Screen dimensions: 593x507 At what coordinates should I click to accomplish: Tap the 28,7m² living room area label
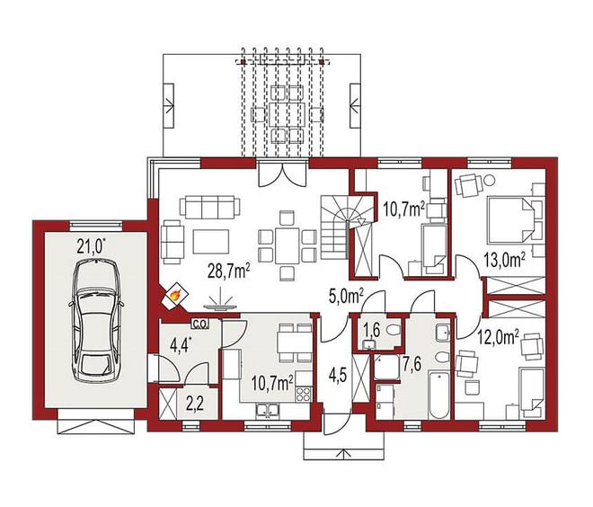coord(229,271)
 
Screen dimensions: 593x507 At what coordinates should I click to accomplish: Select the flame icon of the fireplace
coord(174,294)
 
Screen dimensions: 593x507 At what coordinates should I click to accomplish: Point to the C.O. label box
coord(199,325)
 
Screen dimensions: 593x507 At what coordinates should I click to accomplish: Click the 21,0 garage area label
coord(91,246)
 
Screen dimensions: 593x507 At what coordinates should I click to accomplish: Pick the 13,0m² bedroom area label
coord(504,261)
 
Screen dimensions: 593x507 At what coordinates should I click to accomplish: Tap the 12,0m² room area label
coord(498,336)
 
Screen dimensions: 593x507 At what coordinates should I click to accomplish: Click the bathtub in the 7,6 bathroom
coord(438,395)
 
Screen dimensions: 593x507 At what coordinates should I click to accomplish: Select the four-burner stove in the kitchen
coord(304,395)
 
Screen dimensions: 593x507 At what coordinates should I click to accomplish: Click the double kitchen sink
coord(268,410)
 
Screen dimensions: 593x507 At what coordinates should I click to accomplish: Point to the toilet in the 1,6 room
coord(394,331)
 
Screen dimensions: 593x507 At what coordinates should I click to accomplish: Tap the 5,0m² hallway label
coord(347,296)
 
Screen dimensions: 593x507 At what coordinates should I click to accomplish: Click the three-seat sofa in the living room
coord(209,206)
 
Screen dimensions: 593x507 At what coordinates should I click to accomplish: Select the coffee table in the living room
coord(210,242)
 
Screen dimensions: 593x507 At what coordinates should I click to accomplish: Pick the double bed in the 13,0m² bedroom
coord(510,219)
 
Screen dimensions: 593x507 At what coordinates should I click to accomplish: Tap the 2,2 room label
coord(195,405)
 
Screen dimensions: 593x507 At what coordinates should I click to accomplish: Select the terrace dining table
coord(287,114)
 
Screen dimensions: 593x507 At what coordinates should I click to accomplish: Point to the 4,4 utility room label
coord(178,345)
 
